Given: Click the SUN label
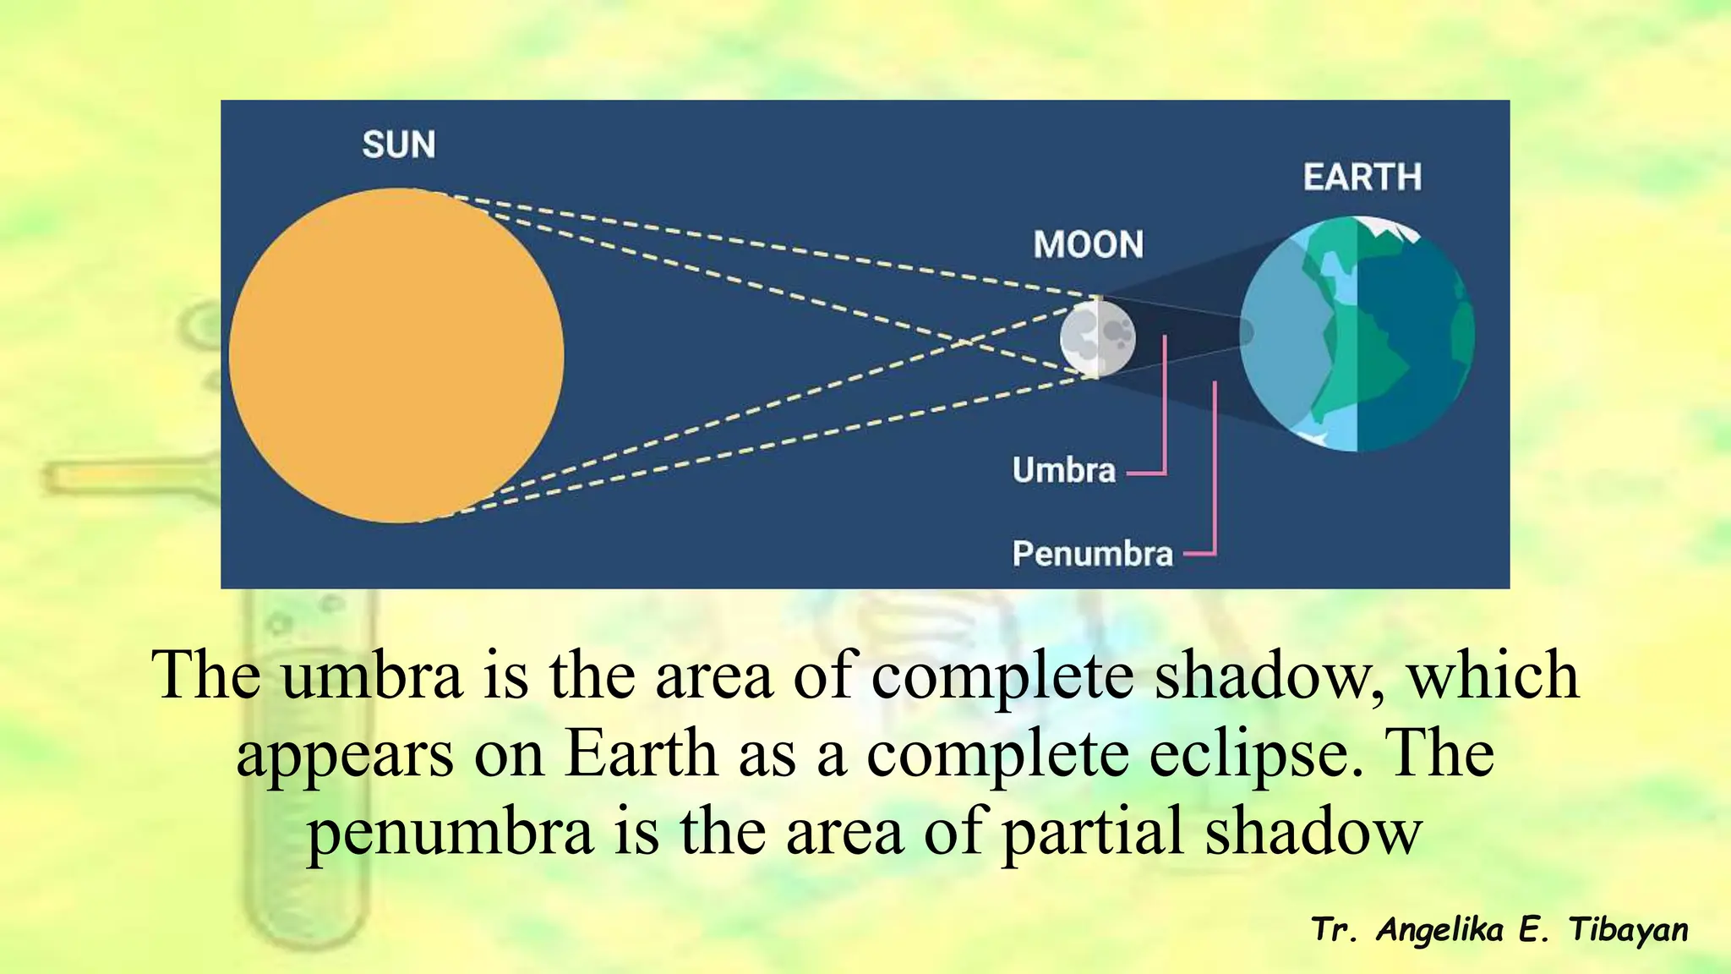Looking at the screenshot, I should coord(399,145).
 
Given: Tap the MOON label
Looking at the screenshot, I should coord(1089,245).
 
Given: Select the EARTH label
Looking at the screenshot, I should coord(1362,178).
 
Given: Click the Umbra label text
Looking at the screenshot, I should coord(1064,470).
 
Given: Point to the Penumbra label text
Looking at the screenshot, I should coord(1093,554).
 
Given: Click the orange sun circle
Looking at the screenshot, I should coord(396,355).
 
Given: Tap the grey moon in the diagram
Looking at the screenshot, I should coord(1097,338).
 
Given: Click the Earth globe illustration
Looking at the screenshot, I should coord(1369,338).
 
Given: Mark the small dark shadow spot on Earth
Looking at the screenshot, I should coord(1246,331).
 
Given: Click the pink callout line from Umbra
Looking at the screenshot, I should coord(1165,406).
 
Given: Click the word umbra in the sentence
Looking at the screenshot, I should coord(372,676).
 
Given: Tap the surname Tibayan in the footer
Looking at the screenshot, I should coord(1628,930).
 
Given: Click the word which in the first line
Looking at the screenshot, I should coord(1493,676).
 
